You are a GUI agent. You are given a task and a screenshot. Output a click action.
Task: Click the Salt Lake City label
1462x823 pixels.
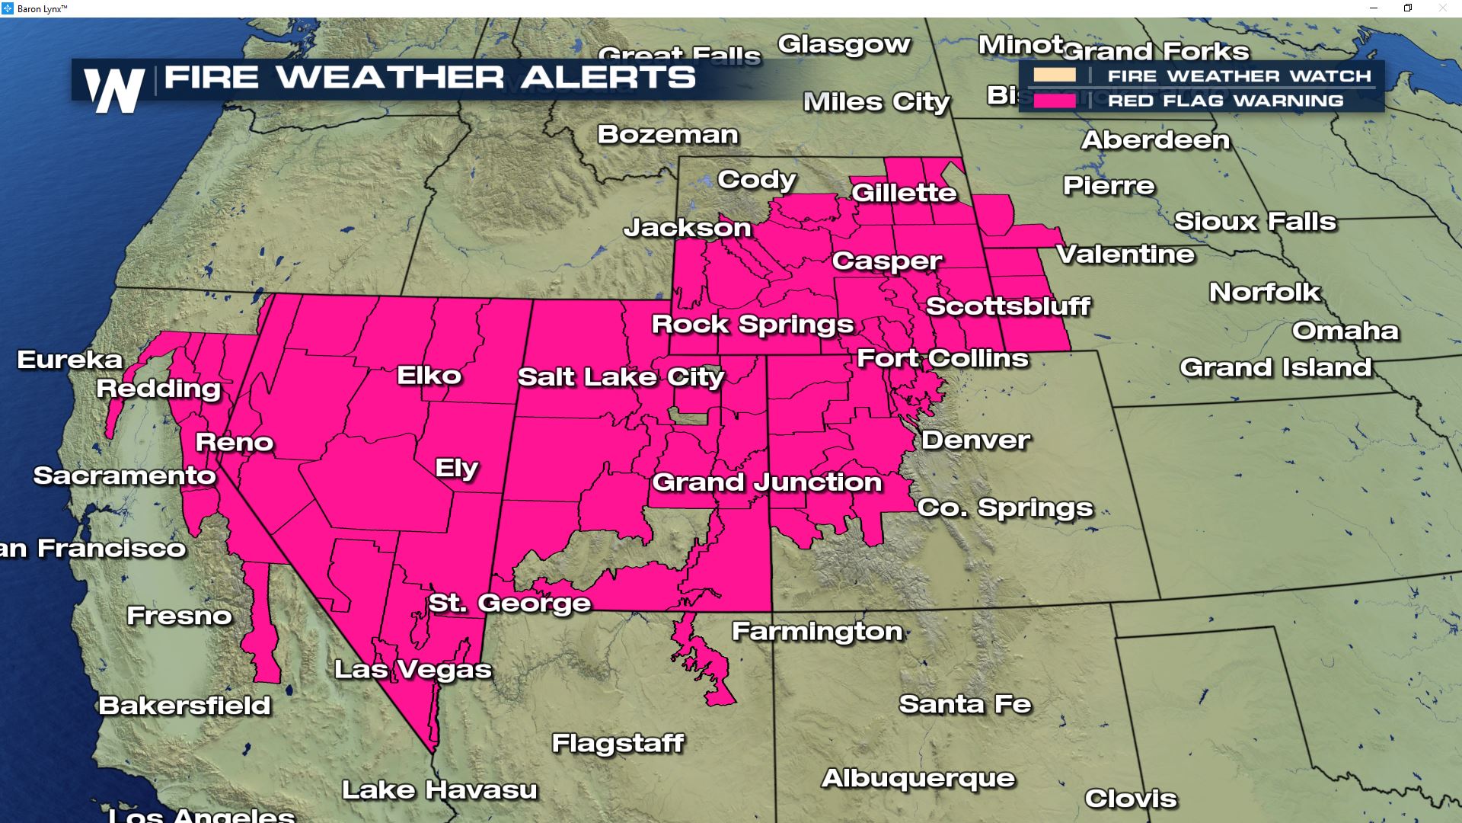[x=621, y=377]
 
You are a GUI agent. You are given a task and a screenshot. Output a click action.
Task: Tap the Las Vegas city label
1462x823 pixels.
[x=413, y=669]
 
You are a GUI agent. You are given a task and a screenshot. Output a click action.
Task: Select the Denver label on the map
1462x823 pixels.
[x=975, y=440]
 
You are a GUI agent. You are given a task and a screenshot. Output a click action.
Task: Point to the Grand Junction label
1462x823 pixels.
[x=767, y=482]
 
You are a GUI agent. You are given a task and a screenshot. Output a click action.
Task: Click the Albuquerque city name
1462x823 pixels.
[x=918, y=778]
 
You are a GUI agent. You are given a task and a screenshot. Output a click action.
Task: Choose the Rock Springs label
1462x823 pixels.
[x=752, y=324]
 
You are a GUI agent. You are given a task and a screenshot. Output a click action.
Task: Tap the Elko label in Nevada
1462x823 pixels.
[x=429, y=375]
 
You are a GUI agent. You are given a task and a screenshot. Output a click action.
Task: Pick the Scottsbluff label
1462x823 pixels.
[x=1008, y=306]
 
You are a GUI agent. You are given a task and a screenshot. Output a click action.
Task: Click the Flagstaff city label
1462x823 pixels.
[x=618, y=743]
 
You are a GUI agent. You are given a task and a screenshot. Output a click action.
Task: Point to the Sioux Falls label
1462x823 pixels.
[x=1255, y=222]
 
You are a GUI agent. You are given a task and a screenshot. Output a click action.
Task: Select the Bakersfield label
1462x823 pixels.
[x=184, y=706]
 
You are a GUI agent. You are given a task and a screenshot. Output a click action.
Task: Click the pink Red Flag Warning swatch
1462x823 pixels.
[x=1055, y=100]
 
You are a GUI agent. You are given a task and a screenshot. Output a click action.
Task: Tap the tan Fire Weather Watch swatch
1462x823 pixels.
[x=1055, y=75]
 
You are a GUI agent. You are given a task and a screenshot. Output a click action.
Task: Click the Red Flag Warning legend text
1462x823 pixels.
[x=1225, y=101]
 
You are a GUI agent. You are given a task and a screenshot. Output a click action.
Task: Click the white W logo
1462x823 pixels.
[x=114, y=91]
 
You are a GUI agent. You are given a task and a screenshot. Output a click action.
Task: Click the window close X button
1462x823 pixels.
[x=1442, y=8]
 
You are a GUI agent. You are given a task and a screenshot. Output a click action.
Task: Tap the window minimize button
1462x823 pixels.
[x=1374, y=8]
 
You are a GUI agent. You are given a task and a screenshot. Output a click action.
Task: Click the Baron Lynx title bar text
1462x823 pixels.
[x=42, y=8]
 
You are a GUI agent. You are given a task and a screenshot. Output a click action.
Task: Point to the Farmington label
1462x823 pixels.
[x=817, y=631]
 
